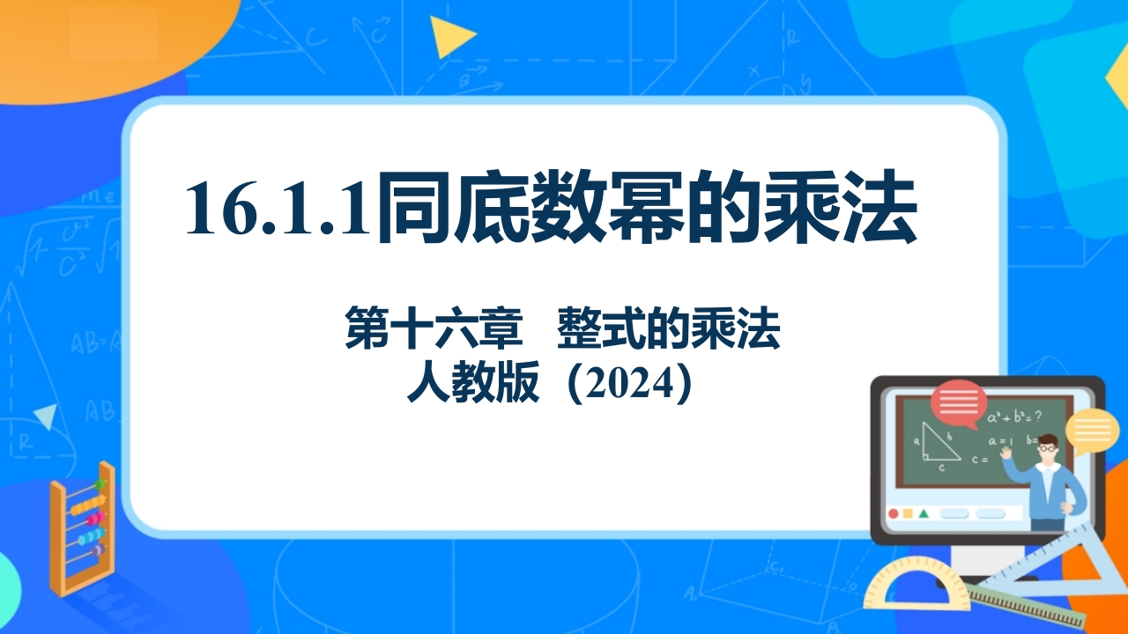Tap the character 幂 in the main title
[646, 206]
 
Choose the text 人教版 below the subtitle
[473, 382]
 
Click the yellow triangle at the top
[450, 36]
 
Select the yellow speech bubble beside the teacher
[1092, 431]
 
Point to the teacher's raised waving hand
[1006, 453]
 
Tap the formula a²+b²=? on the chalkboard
[1014, 417]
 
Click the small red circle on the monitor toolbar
[894, 513]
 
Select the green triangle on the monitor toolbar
[924, 513]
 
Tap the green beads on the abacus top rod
[100, 484]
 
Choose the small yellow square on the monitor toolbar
[908, 513]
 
